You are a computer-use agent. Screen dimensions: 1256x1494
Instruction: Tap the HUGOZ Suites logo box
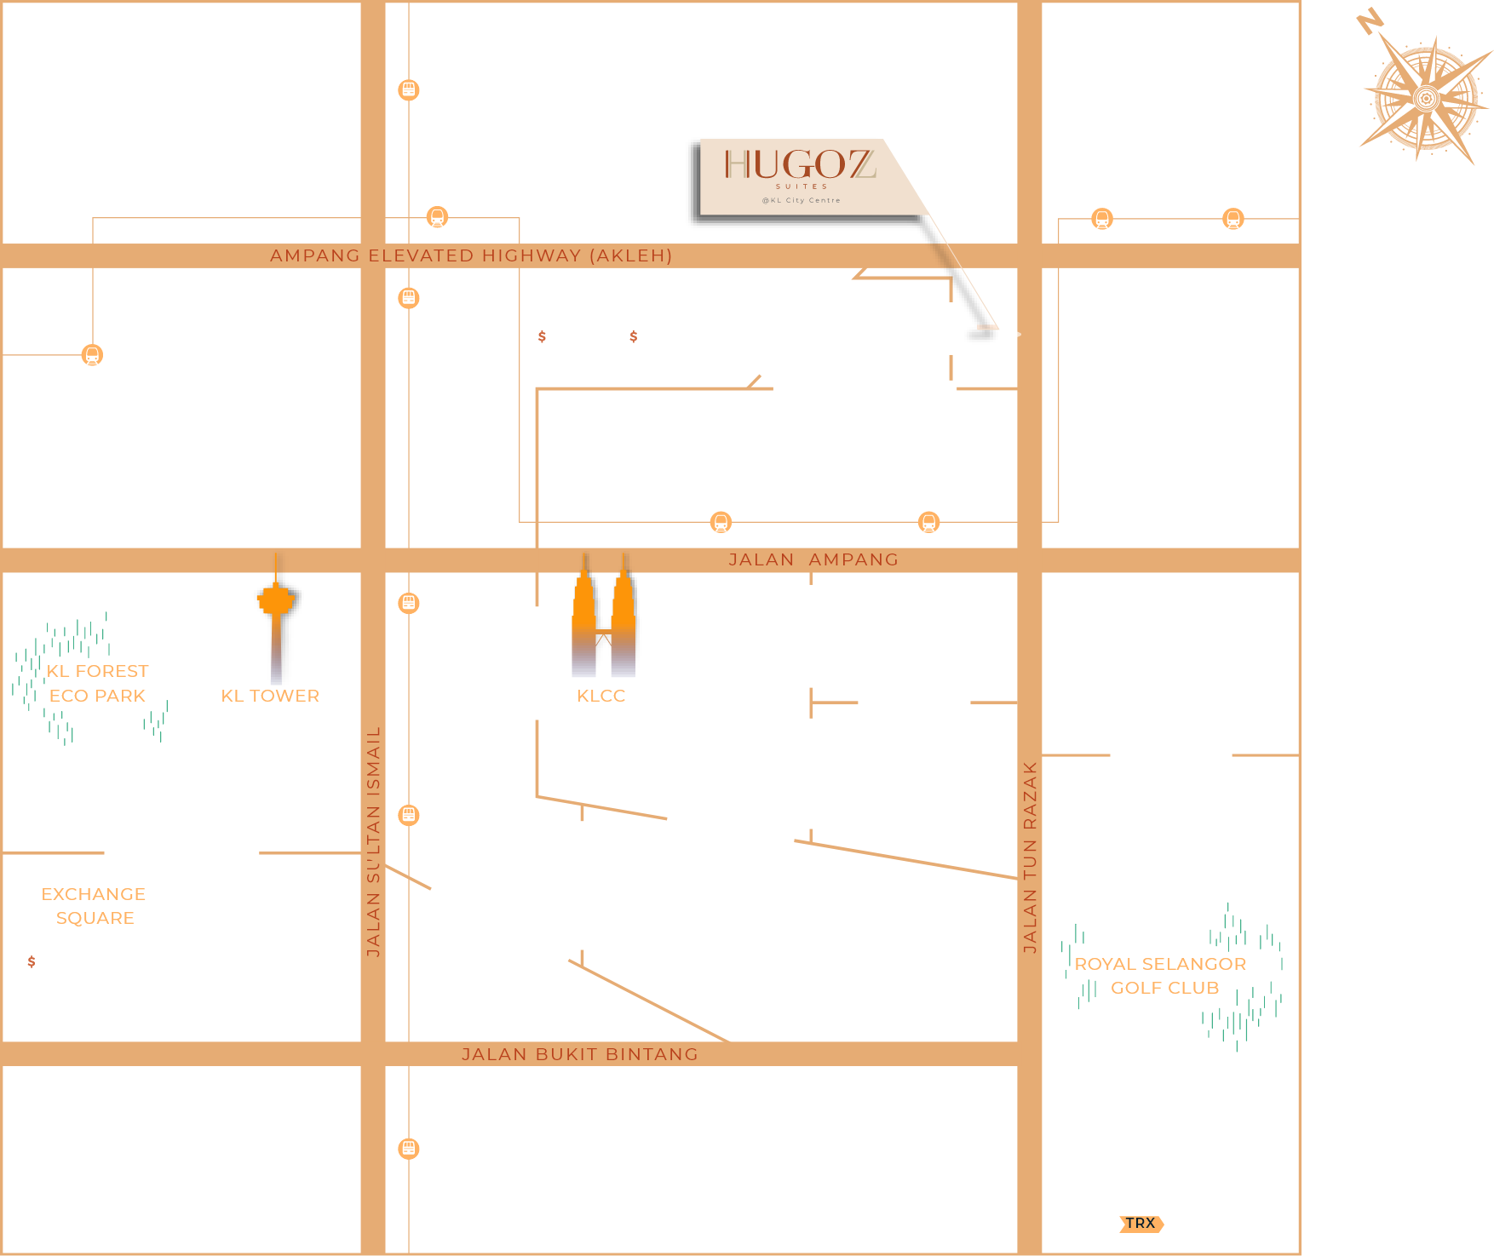click(x=799, y=175)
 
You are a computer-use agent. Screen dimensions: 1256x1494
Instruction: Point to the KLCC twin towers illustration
click(x=603, y=626)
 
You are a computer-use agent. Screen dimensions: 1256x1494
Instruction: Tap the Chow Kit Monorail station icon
click(x=409, y=89)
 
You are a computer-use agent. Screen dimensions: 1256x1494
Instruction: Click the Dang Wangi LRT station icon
click(x=92, y=355)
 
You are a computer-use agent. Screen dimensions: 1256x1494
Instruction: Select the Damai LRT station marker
click(x=1101, y=220)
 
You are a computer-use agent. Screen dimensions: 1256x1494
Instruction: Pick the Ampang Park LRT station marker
click(x=928, y=522)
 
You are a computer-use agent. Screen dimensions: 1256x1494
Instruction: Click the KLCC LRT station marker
click(x=721, y=522)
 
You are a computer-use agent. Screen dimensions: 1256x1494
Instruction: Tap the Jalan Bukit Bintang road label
click(x=579, y=1054)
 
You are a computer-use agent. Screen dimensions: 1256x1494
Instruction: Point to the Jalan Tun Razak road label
click(x=1030, y=857)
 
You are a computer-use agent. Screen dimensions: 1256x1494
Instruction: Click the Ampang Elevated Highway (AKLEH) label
click(x=471, y=255)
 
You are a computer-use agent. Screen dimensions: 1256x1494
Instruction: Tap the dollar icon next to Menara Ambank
click(x=633, y=336)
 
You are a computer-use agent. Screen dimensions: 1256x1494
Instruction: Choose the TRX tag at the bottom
click(x=1141, y=1224)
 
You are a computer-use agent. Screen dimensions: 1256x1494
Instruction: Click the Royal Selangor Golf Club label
click(x=1161, y=976)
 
